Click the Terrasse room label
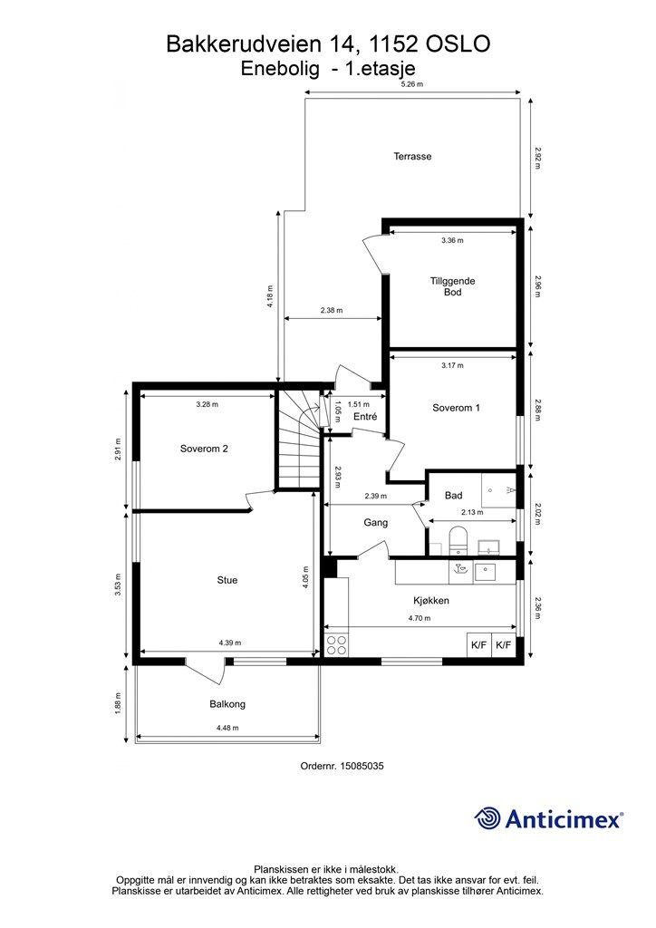coord(412,156)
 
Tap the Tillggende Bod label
coord(452,286)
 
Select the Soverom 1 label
coord(456,408)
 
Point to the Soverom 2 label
coord(204,449)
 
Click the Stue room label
coord(227,580)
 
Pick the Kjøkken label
coord(431,601)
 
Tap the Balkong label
coord(227,704)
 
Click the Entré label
coord(365,417)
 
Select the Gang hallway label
coord(376,523)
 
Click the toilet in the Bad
coord(458,540)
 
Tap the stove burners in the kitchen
coord(336,644)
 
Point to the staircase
coord(299,439)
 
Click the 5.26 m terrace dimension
coord(412,84)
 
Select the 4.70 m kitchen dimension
coord(420,618)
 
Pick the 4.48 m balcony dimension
coord(228,728)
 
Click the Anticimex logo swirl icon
coord(488,818)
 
